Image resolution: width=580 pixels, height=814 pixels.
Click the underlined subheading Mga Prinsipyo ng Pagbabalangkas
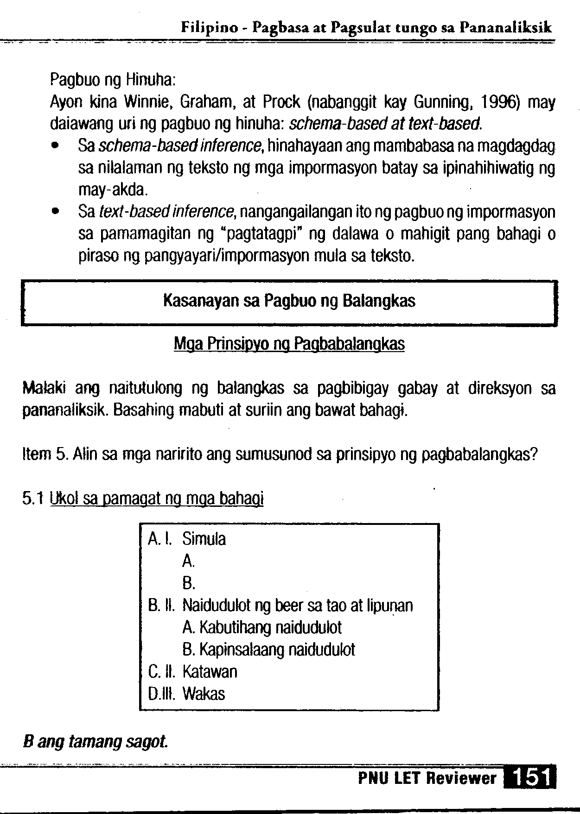[x=289, y=344]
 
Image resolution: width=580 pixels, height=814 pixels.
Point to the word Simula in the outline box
[x=204, y=539]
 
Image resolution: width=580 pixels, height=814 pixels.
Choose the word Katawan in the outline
[x=210, y=672]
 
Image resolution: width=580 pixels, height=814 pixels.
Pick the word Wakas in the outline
[x=204, y=694]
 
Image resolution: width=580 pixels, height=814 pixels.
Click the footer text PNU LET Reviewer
[x=427, y=778]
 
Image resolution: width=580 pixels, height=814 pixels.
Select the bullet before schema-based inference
[x=56, y=146]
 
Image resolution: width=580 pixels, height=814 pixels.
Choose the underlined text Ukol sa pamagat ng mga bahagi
[x=158, y=499]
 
